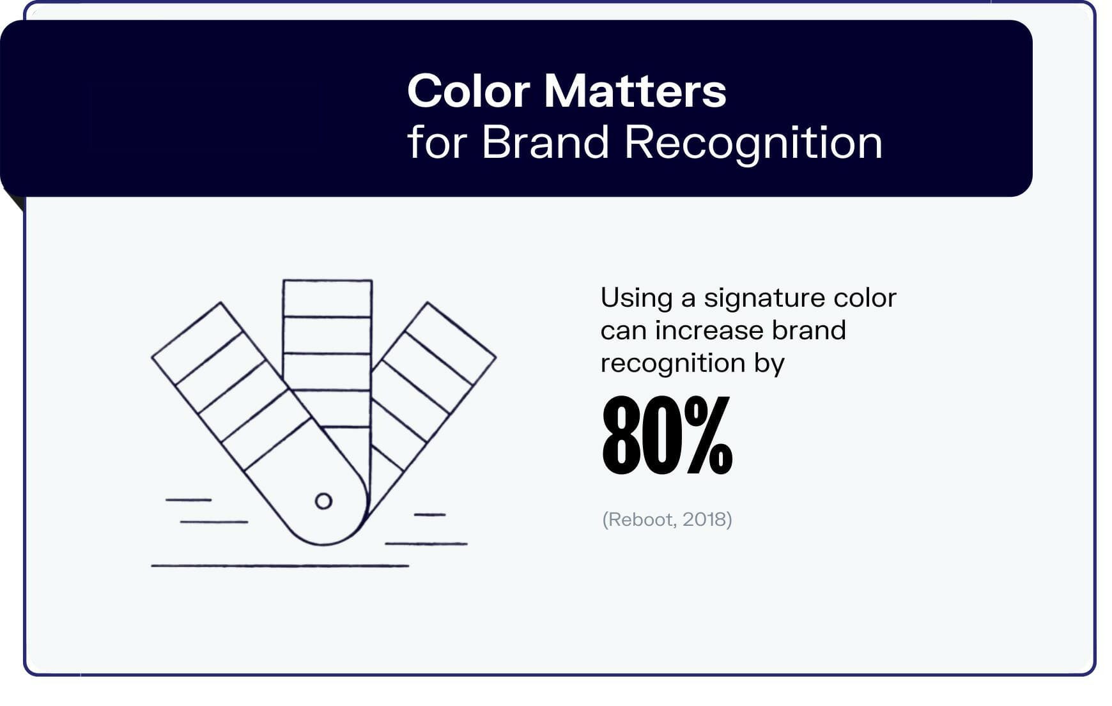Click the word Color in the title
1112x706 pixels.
coord(468,91)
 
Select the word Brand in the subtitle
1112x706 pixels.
coord(544,142)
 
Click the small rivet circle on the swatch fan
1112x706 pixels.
coord(323,501)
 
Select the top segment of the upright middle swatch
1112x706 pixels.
coord(327,298)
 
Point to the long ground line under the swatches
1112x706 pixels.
coord(279,565)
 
